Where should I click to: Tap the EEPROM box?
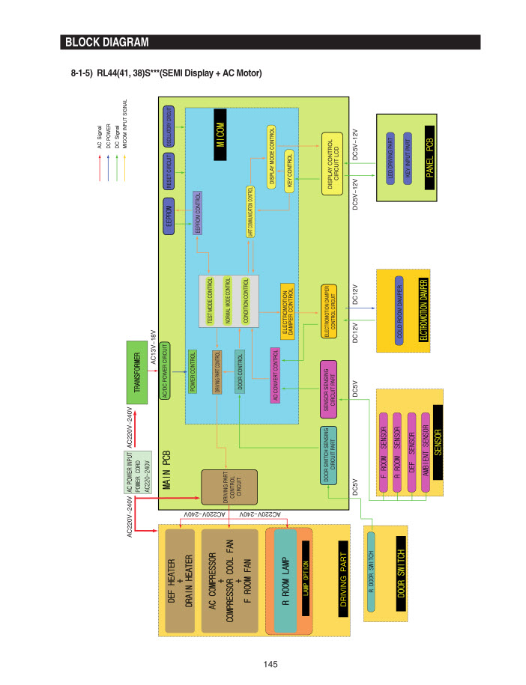tap(169, 213)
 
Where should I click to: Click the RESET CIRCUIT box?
tap(169, 171)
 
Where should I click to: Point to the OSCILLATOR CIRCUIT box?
tap(169, 128)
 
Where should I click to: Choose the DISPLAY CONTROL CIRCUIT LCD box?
tap(332, 165)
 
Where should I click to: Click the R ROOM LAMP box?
tap(285, 580)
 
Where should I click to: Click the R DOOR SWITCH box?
tap(371, 573)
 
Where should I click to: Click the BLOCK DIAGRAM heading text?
tap(106, 42)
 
